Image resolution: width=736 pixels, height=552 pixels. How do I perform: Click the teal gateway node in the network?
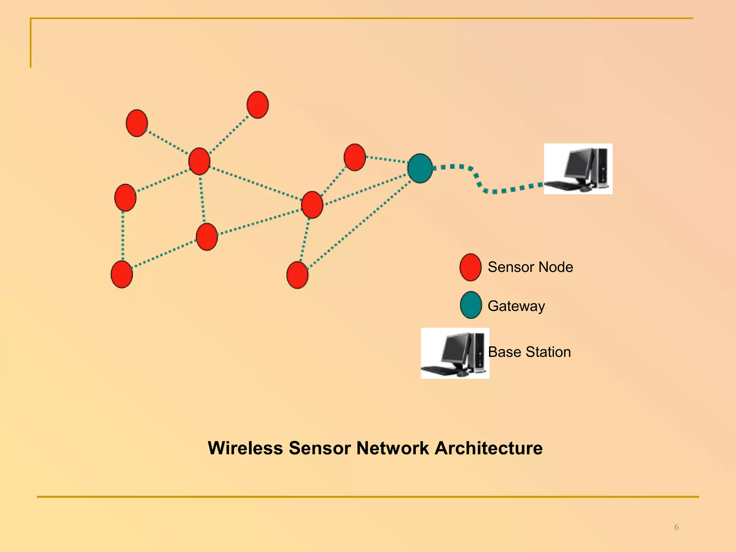click(x=420, y=168)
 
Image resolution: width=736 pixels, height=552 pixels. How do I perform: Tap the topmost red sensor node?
click(x=258, y=105)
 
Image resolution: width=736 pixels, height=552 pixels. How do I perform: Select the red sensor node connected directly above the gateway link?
click(x=355, y=157)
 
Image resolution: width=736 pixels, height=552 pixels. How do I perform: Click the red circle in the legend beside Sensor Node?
click(x=470, y=267)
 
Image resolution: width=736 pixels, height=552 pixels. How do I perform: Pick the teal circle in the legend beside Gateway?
click(x=471, y=305)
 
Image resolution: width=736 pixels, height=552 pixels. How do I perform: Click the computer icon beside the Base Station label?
click(x=455, y=353)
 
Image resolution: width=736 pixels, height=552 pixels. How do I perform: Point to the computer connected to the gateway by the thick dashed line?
click(x=578, y=169)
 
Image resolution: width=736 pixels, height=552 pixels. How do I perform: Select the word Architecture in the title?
click(x=488, y=448)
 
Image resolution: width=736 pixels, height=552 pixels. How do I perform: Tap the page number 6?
click(x=676, y=527)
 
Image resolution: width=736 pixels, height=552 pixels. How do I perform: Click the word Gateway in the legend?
click(x=516, y=306)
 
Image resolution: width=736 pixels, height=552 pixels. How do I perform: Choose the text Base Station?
click(x=529, y=352)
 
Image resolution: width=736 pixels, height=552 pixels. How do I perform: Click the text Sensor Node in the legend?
click(x=530, y=267)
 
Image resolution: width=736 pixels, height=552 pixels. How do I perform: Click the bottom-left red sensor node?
click(x=122, y=274)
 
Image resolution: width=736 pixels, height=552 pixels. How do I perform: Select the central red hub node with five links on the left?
click(x=199, y=161)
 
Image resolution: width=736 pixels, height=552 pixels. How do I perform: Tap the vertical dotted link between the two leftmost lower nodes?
click(x=123, y=236)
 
